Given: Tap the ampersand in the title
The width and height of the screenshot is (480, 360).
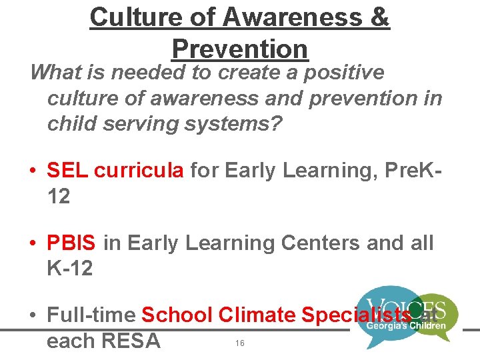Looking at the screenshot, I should pyautogui.click(x=378, y=17).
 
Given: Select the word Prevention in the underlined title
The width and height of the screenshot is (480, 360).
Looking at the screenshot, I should pyautogui.click(x=240, y=49).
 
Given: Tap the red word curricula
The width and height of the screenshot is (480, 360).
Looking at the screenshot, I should pyautogui.click(x=139, y=171).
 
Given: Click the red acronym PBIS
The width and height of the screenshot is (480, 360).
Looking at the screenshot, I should pyautogui.click(x=72, y=243).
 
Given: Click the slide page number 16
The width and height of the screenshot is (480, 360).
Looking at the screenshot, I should pyautogui.click(x=240, y=343).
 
